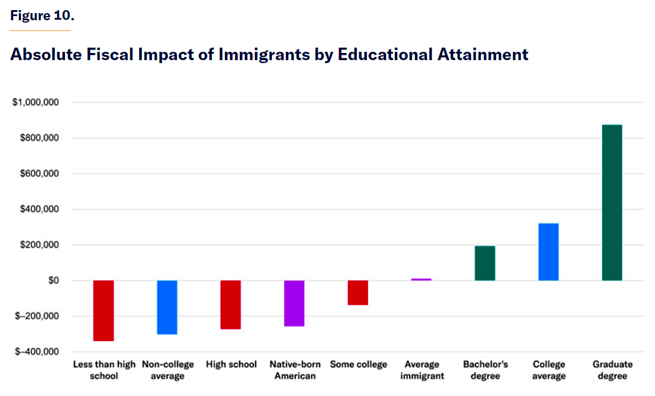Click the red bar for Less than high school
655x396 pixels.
[x=104, y=310]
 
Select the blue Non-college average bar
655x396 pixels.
[x=167, y=307]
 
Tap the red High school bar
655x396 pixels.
[x=230, y=304]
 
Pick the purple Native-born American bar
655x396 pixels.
[x=294, y=303]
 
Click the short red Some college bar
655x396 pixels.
[x=358, y=292]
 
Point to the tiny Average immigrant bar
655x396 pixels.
[x=422, y=279]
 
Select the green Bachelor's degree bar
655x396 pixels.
[x=485, y=263]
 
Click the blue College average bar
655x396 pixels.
[x=548, y=252]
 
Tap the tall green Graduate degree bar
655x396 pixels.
[x=612, y=202]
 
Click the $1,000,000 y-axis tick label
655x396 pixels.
[x=36, y=102]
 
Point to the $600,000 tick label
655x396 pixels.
[x=39, y=174]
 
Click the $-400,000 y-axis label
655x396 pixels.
[x=38, y=352]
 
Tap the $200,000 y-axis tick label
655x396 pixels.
[x=39, y=245]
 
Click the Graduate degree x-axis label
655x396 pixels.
[x=613, y=370]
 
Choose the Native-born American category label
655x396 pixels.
[x=295, y=370]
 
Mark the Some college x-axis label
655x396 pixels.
[x=358, y=364]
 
